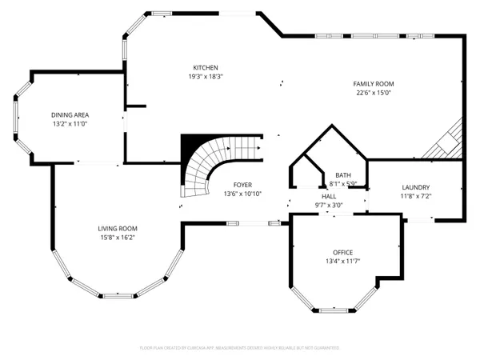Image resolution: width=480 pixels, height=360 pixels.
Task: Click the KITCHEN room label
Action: pyautogui.click(x=205, y=67)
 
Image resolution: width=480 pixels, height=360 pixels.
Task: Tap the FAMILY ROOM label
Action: pyautogui.click(x=374, y=83)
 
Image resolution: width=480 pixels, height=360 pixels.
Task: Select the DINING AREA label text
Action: pyautogui.click(x=70, y=115)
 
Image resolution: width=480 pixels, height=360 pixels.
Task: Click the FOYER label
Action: pyautogui.click(x=242, y=184)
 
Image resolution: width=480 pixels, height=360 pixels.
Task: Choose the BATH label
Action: pyautogui.click(x=342, y=175)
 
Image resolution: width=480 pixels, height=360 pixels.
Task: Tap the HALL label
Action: pyautogui.click(x=329, y=195)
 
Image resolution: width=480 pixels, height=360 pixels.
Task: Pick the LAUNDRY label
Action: pyautogui.click(x=415, y=186)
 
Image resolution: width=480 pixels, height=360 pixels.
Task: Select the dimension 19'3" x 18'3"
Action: pyautogui.click(x=205, y=77)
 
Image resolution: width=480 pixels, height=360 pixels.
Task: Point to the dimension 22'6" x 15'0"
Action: pyautogui.click(x=374, y=93)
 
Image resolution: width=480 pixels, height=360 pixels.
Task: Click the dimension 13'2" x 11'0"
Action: pyautogui.click(x=70, y=125)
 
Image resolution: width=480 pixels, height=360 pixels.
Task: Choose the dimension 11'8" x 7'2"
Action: pyautogui.click(x=415, y=196)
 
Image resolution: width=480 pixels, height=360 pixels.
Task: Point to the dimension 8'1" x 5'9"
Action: pyautogui.click(x=342, y=184)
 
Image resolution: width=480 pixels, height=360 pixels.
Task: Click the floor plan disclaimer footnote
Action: pyautogui.click(x=239, y=349)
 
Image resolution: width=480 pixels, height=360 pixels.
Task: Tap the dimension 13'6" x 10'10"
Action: pyautogui.click(x=242, y=194)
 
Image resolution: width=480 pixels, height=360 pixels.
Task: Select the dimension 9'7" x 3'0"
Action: pyautogui.click(x=329, y=205)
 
